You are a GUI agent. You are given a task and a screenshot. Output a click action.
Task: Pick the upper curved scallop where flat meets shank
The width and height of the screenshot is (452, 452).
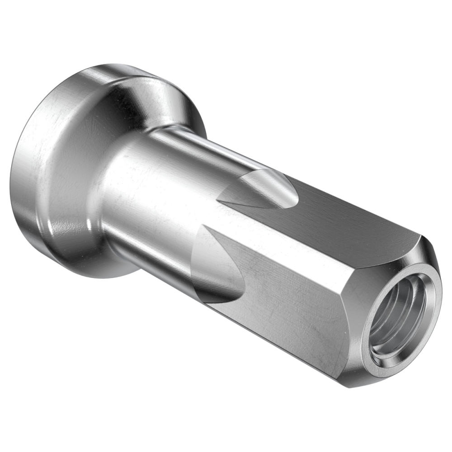[262, 190]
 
